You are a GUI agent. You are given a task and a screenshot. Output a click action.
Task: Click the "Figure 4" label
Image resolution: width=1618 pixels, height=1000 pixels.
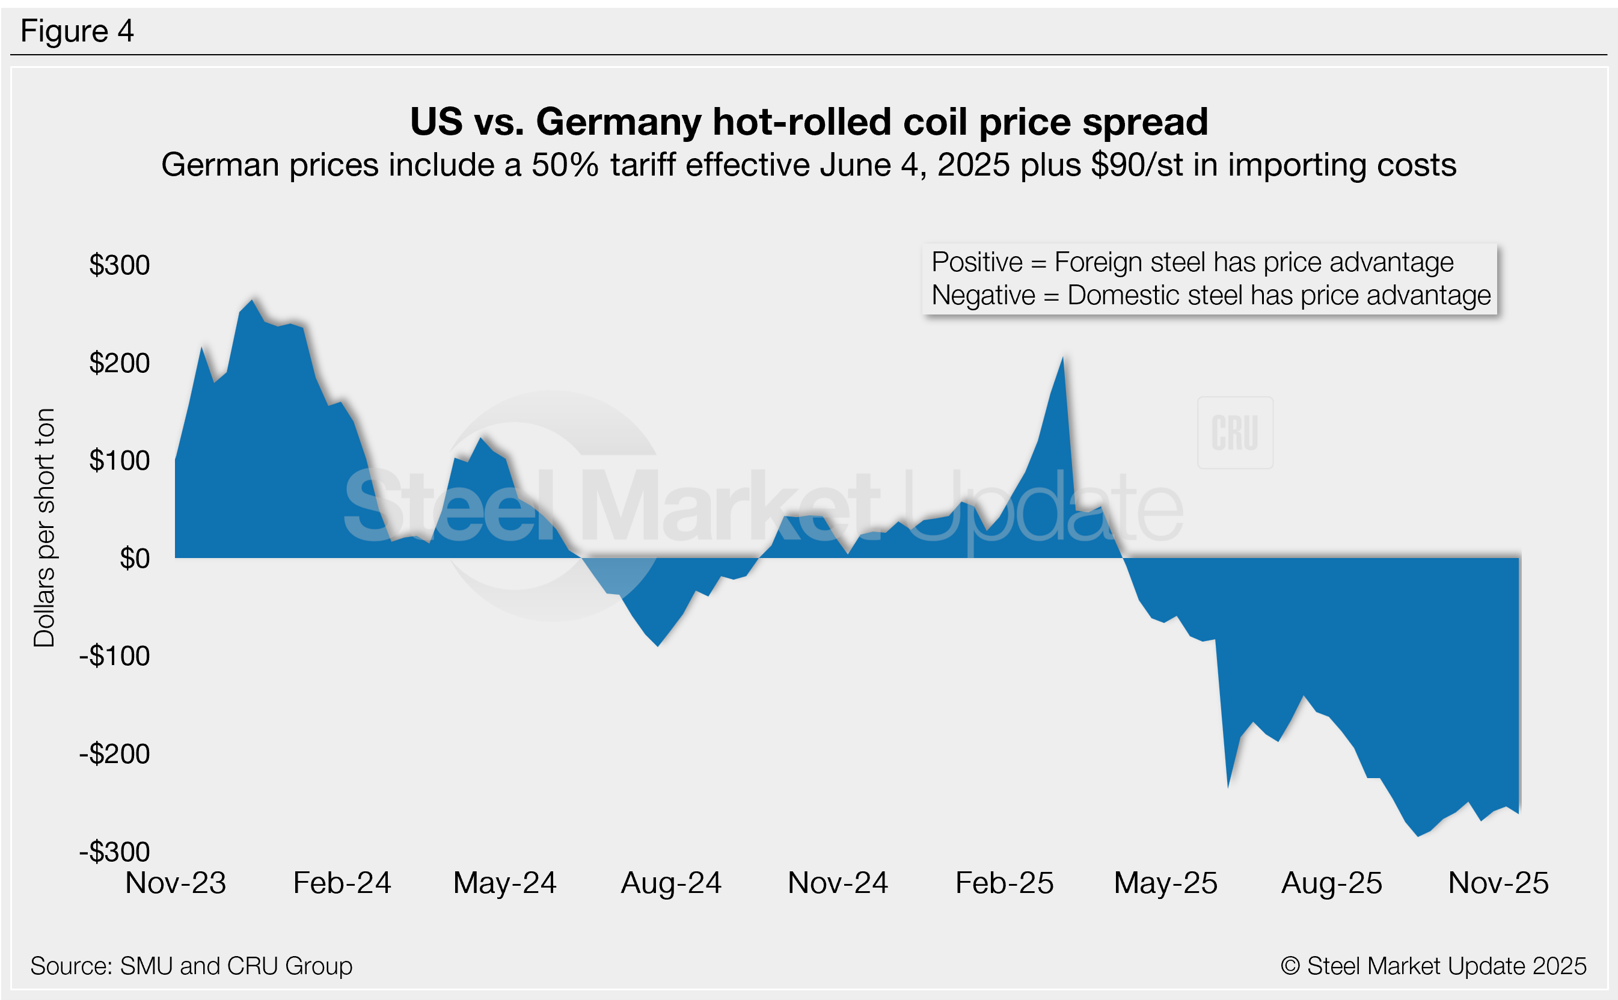77,31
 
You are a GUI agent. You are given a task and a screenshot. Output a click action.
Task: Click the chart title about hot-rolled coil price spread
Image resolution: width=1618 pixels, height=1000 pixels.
809,121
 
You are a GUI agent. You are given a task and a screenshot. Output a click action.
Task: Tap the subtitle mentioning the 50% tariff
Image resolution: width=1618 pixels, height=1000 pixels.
808,165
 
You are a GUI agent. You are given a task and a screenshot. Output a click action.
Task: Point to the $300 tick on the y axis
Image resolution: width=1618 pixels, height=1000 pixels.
120,265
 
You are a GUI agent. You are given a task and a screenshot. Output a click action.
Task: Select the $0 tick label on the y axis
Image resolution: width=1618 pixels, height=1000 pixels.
134,559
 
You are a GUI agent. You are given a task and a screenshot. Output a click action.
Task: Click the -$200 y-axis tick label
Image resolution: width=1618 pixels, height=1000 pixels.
114,754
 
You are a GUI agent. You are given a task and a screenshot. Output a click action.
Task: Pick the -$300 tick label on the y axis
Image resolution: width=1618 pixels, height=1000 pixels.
114,852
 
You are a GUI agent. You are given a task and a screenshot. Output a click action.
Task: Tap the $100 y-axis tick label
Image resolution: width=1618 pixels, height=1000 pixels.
120,461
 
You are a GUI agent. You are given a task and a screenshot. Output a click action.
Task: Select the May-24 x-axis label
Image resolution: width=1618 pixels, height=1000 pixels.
504,883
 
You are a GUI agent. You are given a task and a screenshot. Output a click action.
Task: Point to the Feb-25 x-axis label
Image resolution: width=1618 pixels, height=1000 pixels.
1004,883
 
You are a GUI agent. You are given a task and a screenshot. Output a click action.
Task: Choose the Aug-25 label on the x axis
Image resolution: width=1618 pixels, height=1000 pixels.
1331,883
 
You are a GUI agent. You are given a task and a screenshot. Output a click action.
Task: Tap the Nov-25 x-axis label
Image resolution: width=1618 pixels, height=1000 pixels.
1498,883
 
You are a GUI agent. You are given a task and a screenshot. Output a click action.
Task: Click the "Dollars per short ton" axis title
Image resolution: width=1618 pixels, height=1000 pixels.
44,527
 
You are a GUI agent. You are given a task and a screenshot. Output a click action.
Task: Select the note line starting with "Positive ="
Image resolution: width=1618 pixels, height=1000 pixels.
1192,263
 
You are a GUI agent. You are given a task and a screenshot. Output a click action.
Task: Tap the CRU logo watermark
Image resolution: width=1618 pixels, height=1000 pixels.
1234,433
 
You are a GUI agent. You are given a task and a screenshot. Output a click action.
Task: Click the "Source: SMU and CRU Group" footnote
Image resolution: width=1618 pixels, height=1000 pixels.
191,966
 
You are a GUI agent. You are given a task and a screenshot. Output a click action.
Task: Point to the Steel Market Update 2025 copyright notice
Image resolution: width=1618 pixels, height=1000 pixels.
1433,966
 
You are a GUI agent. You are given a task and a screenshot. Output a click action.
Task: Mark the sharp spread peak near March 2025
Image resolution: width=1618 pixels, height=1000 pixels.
1062,359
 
